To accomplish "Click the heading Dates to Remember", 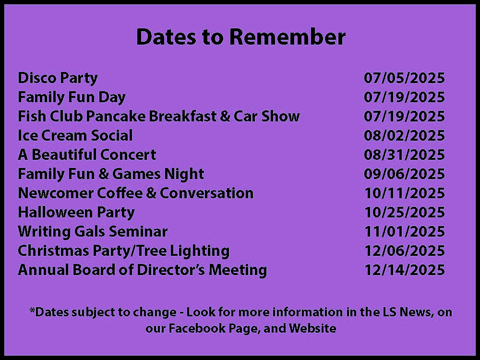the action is point(241,37).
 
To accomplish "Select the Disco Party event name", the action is point(58,78).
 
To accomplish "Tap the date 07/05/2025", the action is point(404,78).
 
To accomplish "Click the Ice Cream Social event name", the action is point(75,135).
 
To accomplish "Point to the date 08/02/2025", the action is point(404,135).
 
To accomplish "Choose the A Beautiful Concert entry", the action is point(87,155).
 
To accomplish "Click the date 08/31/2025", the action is point(404,155).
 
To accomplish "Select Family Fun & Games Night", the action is point(111,174).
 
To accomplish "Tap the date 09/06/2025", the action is point(404,174).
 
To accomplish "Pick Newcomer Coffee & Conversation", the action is point(136,193).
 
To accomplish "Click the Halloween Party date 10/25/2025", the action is point(404,212).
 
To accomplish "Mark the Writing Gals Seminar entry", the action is point(93,232).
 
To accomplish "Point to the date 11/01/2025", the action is point(404,231).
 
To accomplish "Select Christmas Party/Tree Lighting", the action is point(124,251).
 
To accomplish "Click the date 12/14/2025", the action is point(404,270).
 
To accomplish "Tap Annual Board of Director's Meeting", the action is point(143,270).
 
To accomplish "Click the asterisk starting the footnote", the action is point(32,310).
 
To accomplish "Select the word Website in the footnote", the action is point(312,328).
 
